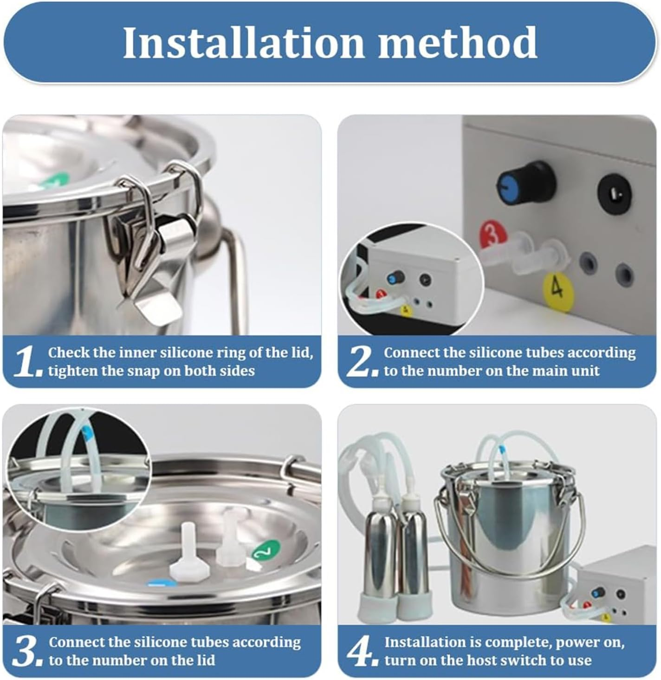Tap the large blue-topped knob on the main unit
pos(526,182)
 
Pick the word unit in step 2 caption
pos(585,371)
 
